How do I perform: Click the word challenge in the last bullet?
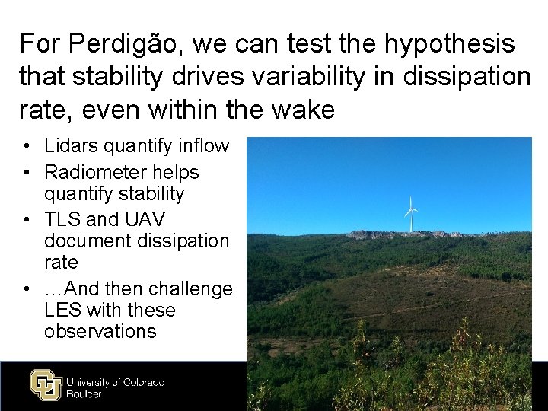coord(191,289)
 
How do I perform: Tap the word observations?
coord(100,332)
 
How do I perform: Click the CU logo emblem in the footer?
coord(45,384)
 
